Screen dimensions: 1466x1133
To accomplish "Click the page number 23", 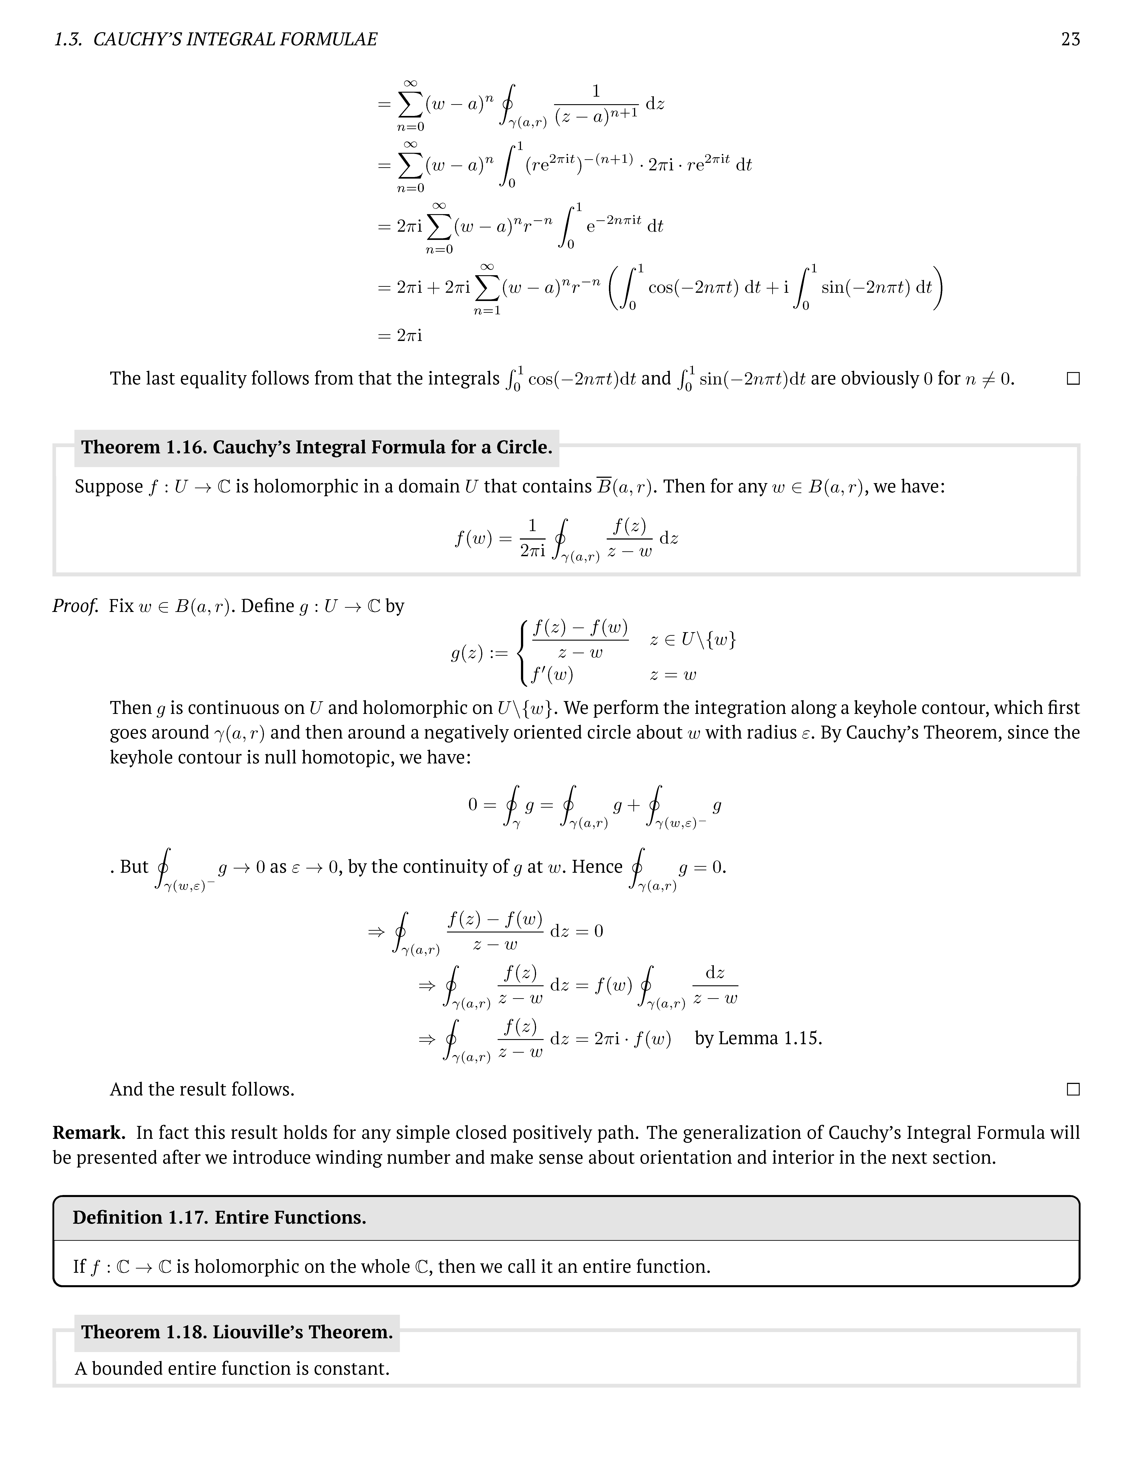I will coord(1070,40).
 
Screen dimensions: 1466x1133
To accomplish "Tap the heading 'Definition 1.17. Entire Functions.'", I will coord(219,1218).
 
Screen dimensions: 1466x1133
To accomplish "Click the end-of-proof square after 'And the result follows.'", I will coord(1073,1090).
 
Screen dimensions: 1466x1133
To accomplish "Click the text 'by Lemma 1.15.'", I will coord(758,1038).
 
